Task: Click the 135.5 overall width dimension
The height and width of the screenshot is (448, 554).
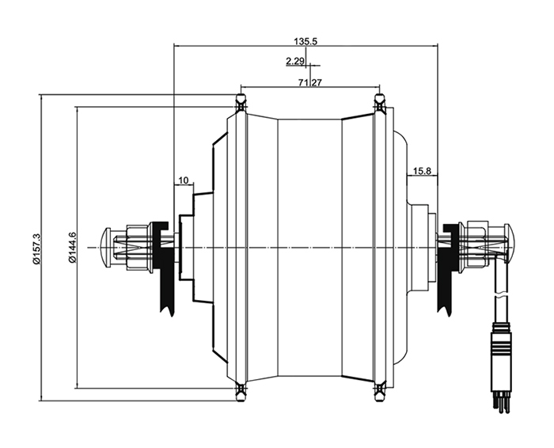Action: click(x=305, y=40)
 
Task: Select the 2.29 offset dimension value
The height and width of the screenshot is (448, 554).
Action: click(x=296, y=61)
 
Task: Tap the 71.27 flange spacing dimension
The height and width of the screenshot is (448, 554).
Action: click(x=309, y=82)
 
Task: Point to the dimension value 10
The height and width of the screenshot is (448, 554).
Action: click(x=183, y=180)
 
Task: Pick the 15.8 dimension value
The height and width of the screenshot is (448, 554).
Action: click(x=423, y=171)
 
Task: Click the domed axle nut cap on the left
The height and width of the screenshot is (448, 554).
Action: click(x=108, y=248)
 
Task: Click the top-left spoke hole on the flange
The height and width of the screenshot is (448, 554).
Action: click(x=240, y=101)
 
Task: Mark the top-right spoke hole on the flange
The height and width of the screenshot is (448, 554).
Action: click(x=379, y=101)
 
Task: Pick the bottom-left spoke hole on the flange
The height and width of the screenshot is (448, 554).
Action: click(x=240, y=389)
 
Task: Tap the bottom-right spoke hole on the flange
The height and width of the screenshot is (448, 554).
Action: click(x=379, y=389)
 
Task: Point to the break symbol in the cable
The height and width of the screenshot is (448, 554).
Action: click(x=499, y=299)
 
